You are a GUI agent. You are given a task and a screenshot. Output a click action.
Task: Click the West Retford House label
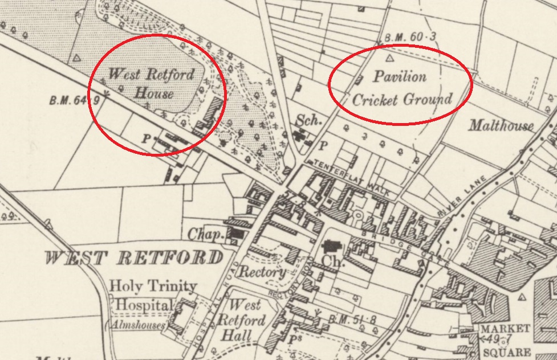151,83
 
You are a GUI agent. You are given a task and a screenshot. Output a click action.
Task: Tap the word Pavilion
400,76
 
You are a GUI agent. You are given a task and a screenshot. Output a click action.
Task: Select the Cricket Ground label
402,99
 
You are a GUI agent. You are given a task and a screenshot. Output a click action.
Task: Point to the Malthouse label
501,126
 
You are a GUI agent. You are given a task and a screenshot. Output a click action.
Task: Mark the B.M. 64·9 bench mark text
75,101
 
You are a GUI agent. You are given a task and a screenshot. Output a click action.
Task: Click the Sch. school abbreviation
308,120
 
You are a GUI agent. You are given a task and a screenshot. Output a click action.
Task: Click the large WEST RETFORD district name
133,258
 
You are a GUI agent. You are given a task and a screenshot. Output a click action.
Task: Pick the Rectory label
262,272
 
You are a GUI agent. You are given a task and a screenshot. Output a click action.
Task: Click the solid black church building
331,247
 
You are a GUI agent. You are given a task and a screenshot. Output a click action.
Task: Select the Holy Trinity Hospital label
145,296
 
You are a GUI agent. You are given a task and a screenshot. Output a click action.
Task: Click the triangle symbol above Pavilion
391,58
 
